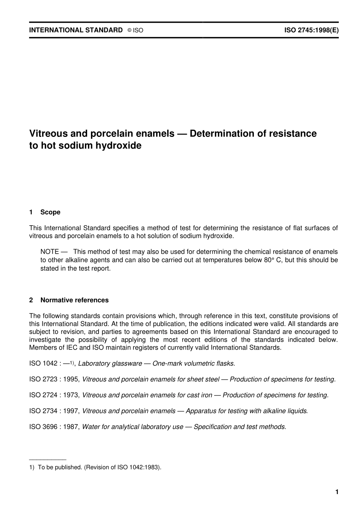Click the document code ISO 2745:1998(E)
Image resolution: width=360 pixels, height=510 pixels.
(311, 30)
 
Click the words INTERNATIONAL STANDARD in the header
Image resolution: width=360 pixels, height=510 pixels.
(76, 30)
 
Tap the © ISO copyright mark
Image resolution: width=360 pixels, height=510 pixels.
(135, 30)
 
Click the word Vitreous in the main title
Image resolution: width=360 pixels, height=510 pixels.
(48, 133)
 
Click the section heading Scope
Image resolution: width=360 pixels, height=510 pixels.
(50, 212)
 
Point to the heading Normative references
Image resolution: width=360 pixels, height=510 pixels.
(74, 300)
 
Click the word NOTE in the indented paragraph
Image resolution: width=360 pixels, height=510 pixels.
(50, 252)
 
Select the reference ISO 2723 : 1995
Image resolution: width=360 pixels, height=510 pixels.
(55, 379)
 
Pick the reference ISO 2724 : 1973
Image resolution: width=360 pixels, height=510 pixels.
(55, 395)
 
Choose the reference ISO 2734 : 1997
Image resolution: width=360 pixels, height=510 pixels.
(55, 411)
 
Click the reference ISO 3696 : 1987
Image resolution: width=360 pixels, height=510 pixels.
(55, 427)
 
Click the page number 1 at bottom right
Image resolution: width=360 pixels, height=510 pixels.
(337, 492)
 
